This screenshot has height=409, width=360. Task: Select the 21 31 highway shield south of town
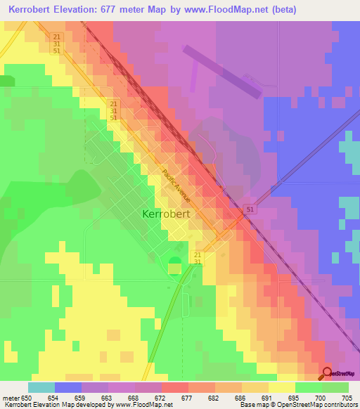(x=198, y=258)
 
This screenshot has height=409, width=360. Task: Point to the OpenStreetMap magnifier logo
(x=327, y=373)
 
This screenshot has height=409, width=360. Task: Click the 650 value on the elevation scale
(x=28, y=397)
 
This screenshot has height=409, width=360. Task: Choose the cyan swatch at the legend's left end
(x=41, y=387)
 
